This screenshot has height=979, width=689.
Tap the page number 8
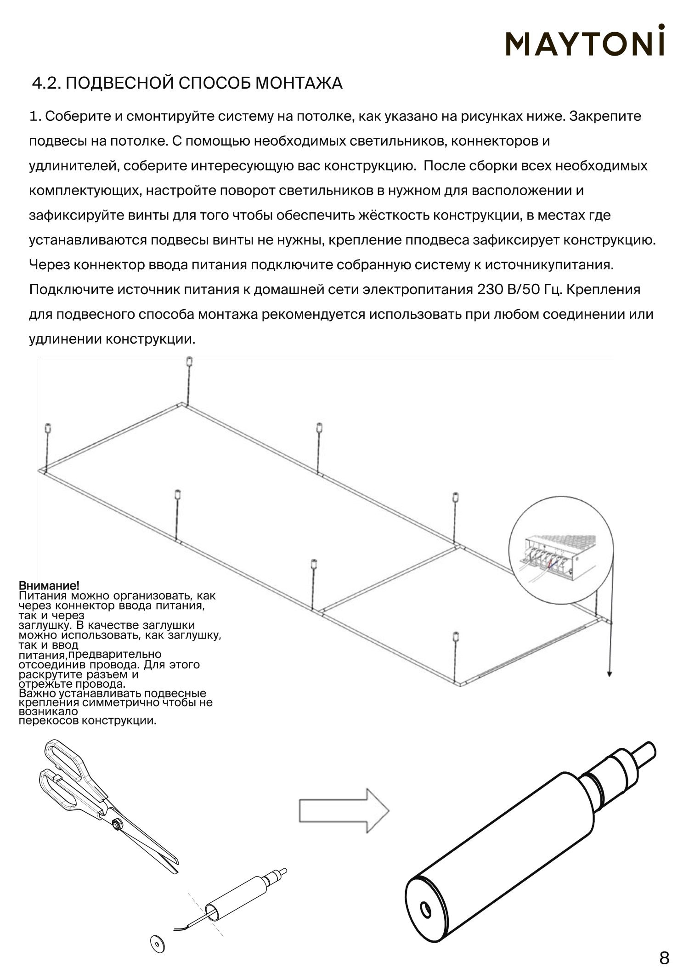point(664,958)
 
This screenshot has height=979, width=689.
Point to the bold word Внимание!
point(49,586)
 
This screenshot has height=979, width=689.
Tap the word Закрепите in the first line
point(605,116)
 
